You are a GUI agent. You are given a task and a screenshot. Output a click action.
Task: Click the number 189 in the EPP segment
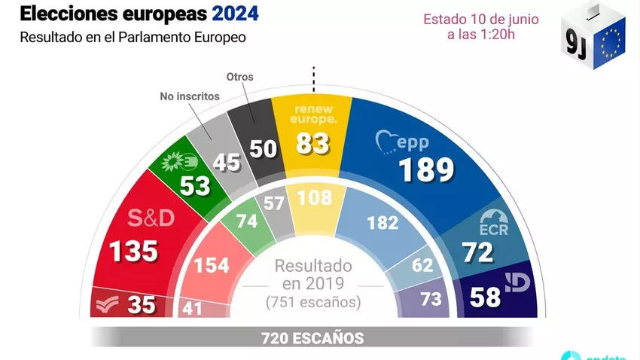pos(426,170)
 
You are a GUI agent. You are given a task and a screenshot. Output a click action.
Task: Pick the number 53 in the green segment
pos(195,185)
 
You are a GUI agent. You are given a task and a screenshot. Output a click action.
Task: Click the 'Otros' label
pos(239,77)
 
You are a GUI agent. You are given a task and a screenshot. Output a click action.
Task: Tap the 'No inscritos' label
pos(189,96)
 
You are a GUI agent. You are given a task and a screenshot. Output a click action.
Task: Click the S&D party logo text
pos(151,218)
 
